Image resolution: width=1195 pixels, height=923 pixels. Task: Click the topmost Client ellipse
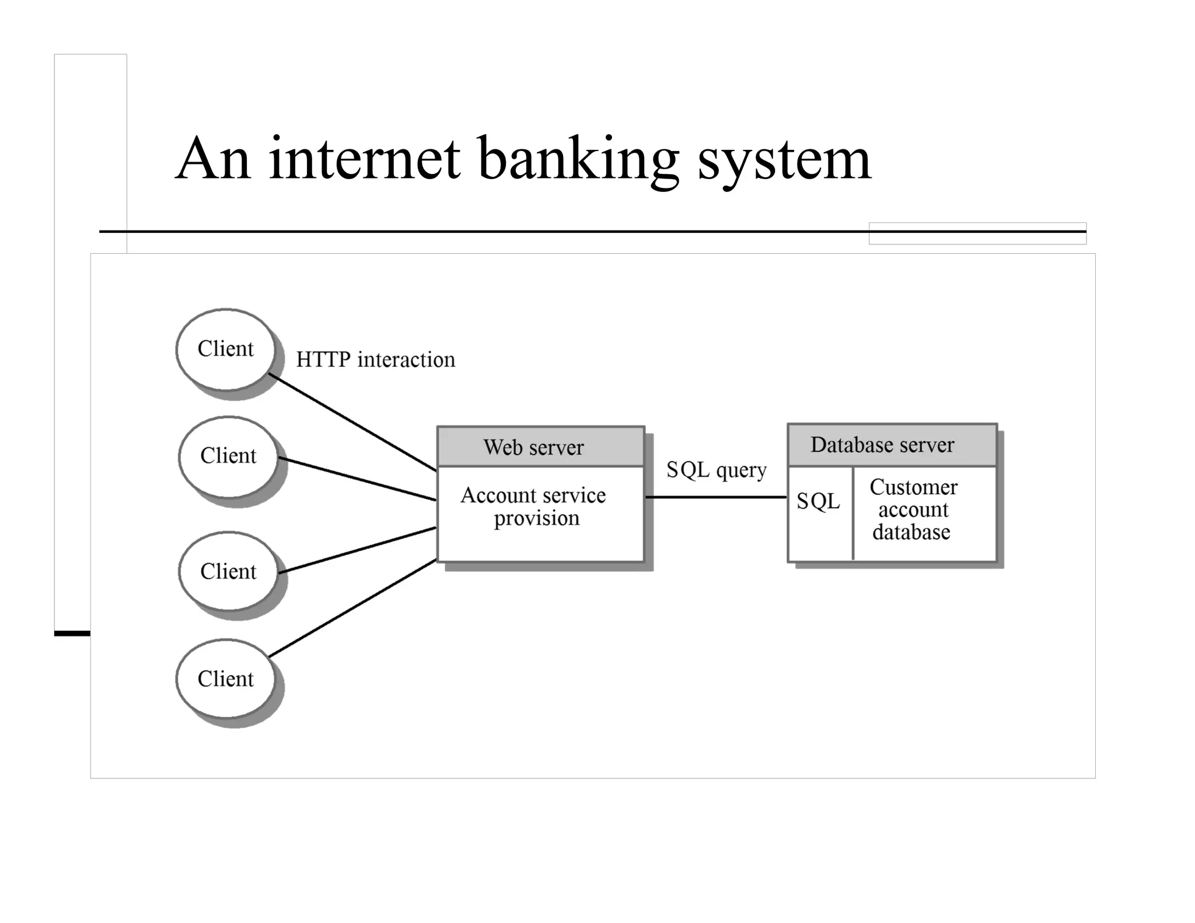pyautogui.click(x=226, y=349)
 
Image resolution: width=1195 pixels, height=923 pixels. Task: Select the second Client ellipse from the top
pyautogui.click(x=228, y=456)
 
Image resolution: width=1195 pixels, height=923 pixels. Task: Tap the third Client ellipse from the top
pyautogui.click(x=228, y=571)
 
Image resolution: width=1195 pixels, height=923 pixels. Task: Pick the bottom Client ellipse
pyautogui.click(x=226, y=679)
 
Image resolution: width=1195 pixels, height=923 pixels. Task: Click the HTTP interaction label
pyautogui.click(x=375, y=360)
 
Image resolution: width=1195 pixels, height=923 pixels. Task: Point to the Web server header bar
pyautogui.click(x=540, y=447)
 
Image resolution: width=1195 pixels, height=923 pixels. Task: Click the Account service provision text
pyautogui.click(x=534, y=506)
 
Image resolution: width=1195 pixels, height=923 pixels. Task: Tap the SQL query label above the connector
pyautogui.click(x=716, y=470)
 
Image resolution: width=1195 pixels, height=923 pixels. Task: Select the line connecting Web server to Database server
pyautogui.click(x=716, y=497)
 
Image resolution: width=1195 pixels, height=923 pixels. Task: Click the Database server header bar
pyautogui.click(x=892, y=445)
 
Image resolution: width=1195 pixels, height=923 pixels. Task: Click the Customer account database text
pyautogui.click(x=913, y=509)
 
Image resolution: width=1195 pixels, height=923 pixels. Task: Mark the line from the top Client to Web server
pyautogui.click(x=352, y=422)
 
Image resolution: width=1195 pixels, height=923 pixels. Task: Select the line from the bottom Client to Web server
pyautogui.click(x=352, y=609)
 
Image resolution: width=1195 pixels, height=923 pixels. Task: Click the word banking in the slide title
pyautogui.click(x=578, y=159)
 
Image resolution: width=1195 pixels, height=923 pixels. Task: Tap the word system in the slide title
pyautogui.click(x=784, y=159)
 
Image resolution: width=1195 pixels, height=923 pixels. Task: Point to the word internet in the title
pyautogui.click(x=365, y=159)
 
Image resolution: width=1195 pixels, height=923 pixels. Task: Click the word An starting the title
pyautogui.click(x=214, y=159)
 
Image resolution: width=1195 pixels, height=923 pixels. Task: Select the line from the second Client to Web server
pyautogui.click(x=357, y=479)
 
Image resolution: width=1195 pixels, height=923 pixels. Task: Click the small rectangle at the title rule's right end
pyautogui.click(x=977, y=233)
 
